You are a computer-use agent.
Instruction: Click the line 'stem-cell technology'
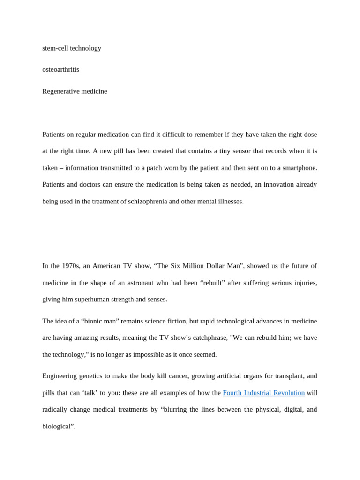coord(72,48)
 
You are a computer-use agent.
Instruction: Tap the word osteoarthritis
coord(61,70)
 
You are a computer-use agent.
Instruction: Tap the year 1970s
coord(70,266)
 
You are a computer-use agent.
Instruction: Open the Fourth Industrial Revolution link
coord(263,393)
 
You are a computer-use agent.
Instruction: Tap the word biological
coord(58,427)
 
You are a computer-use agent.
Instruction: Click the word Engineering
coord(60,376)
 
